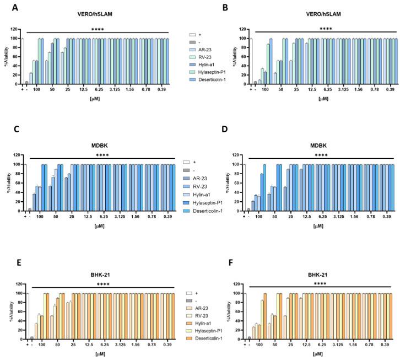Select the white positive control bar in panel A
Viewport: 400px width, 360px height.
coord(22,61)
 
